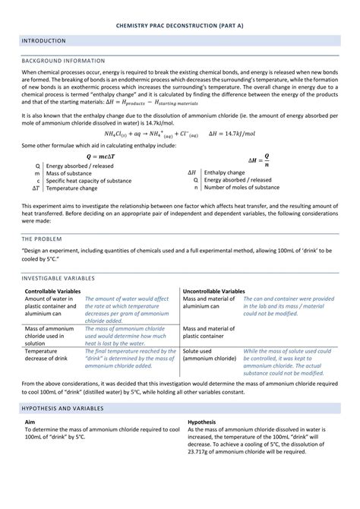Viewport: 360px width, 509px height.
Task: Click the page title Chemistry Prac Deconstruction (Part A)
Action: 179,24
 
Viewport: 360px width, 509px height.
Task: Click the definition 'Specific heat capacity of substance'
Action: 88,181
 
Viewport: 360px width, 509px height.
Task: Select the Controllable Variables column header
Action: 52,291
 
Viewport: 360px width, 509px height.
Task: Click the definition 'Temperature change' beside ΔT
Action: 71,188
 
